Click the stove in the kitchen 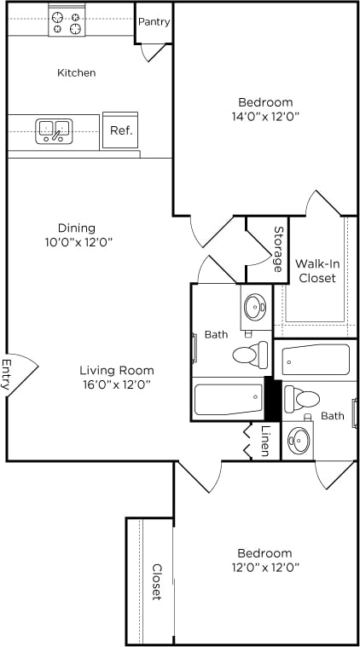[67, 22]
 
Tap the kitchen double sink [54, 130]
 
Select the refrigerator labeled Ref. [119, 131]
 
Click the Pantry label [154, 22]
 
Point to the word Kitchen [76, 73]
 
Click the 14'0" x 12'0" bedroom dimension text [264, 116]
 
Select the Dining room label [76, 228]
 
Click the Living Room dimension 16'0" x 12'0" [116, 384]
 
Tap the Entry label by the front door [7, 374]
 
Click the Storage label [278, 249]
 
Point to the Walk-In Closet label [316, 270]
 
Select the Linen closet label [265, 440]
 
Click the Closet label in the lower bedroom [157, 581]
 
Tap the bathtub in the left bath [228, 399]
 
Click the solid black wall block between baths [273, 398]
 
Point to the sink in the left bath [255, 306]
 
